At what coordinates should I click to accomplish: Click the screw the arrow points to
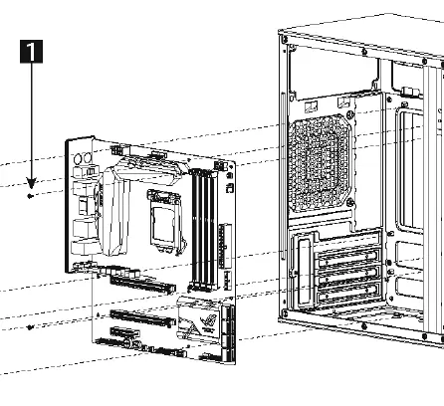31,196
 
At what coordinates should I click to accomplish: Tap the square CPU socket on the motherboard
161,218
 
